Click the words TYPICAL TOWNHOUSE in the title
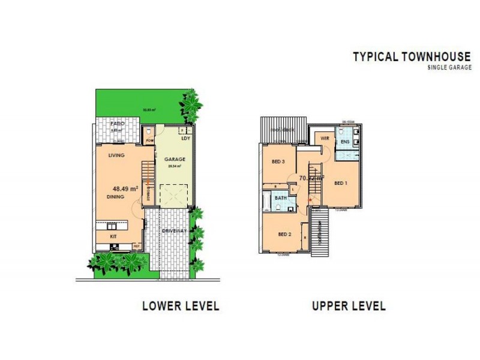(x=411, y=57)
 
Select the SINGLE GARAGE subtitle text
(x=449, y=67)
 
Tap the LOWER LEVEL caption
(x=181, y=306)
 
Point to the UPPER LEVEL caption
(x=348, y=306)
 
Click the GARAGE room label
(x=175, y=160)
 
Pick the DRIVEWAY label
(x=174, y=230)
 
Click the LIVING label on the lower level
(x=116, y=155)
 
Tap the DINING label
(x=116, y=196)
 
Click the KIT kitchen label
(x=113, y=237)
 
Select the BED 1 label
(x=341, y=183)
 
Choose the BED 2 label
(x=285, y=234)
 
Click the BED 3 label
(x=277, y=162)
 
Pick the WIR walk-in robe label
(x=325, y=138)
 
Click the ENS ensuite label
(x=345, y=142)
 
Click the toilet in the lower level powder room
(x=149, y=131)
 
